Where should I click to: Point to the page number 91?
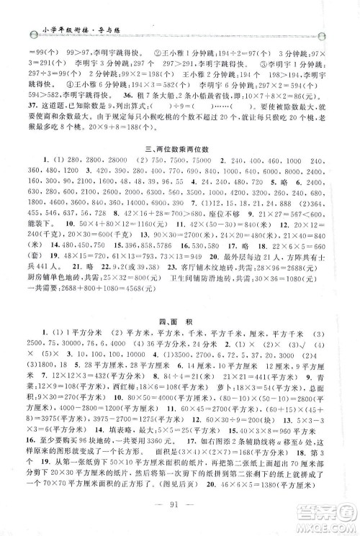179,514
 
